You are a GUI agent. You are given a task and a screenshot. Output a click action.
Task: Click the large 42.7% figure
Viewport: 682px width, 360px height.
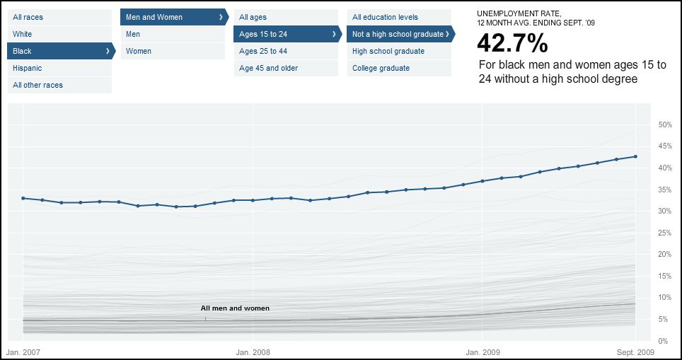pyautogui.click(x=512, y=44)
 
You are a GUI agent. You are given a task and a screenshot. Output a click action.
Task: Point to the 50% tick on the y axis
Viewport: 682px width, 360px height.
pyautogui.click(x=664, y=124)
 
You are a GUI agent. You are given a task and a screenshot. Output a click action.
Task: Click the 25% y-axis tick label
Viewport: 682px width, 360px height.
pyautogui.click(x=664, y=233)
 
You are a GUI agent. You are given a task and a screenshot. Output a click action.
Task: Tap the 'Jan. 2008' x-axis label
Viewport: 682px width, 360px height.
pyautogui.click(x=253, y=351)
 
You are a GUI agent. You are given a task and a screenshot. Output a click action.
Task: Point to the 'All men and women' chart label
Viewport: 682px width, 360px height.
pyautogui.click(x=235, y=308)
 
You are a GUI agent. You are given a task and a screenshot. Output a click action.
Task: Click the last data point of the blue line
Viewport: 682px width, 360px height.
pyautogui.click(x=635, y=157)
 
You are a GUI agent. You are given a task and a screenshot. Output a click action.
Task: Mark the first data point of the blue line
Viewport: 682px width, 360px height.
pyautogui.click(x=23, y=198)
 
